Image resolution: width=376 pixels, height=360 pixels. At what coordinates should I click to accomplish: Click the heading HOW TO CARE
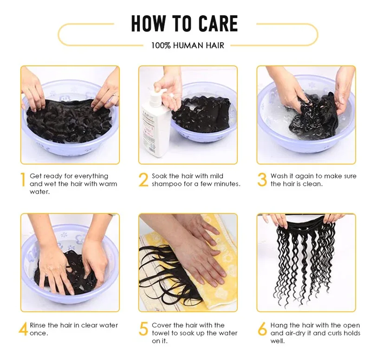point(184,24)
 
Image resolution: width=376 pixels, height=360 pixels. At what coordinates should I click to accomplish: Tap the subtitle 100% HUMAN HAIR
point(188,46)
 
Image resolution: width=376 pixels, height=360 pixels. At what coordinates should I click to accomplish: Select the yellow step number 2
point(143,180)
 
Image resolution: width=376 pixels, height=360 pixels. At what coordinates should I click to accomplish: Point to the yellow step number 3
point(262,180)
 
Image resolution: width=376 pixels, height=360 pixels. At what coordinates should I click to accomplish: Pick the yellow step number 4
point(23,329)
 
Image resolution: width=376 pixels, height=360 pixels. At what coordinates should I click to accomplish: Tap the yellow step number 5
point(143,329)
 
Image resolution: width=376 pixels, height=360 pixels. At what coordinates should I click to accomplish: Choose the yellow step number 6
point(262,329)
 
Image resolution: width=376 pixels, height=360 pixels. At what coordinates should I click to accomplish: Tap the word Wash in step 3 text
point(279,176)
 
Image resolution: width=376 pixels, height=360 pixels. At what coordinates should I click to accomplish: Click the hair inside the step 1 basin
point(70,118)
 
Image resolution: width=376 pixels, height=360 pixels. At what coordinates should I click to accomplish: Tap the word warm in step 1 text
point(108,184)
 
